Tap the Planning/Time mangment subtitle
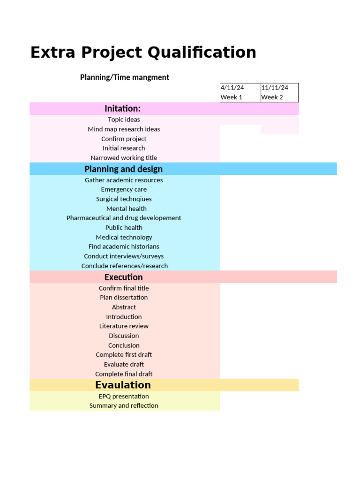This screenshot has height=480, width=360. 124,77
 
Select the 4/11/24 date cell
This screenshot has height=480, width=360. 232,88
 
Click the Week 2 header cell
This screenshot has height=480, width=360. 272,97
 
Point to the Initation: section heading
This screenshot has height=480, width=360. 123,109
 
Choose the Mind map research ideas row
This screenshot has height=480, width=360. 124,129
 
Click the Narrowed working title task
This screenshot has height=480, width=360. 124,158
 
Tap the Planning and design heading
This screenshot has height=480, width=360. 124,169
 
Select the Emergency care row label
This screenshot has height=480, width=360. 124,189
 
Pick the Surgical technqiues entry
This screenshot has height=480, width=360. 124,199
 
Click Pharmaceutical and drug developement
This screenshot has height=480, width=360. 124,218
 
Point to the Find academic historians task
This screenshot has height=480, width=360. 124,247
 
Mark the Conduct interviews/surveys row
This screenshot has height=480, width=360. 124,256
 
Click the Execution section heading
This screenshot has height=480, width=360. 124,277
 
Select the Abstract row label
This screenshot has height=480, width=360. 124,307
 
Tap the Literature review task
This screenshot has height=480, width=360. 124,326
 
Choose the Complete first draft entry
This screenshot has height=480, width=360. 124,355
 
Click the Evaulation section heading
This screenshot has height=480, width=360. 123,385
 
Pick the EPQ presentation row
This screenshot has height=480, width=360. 124,397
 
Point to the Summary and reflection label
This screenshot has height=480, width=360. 124,406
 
